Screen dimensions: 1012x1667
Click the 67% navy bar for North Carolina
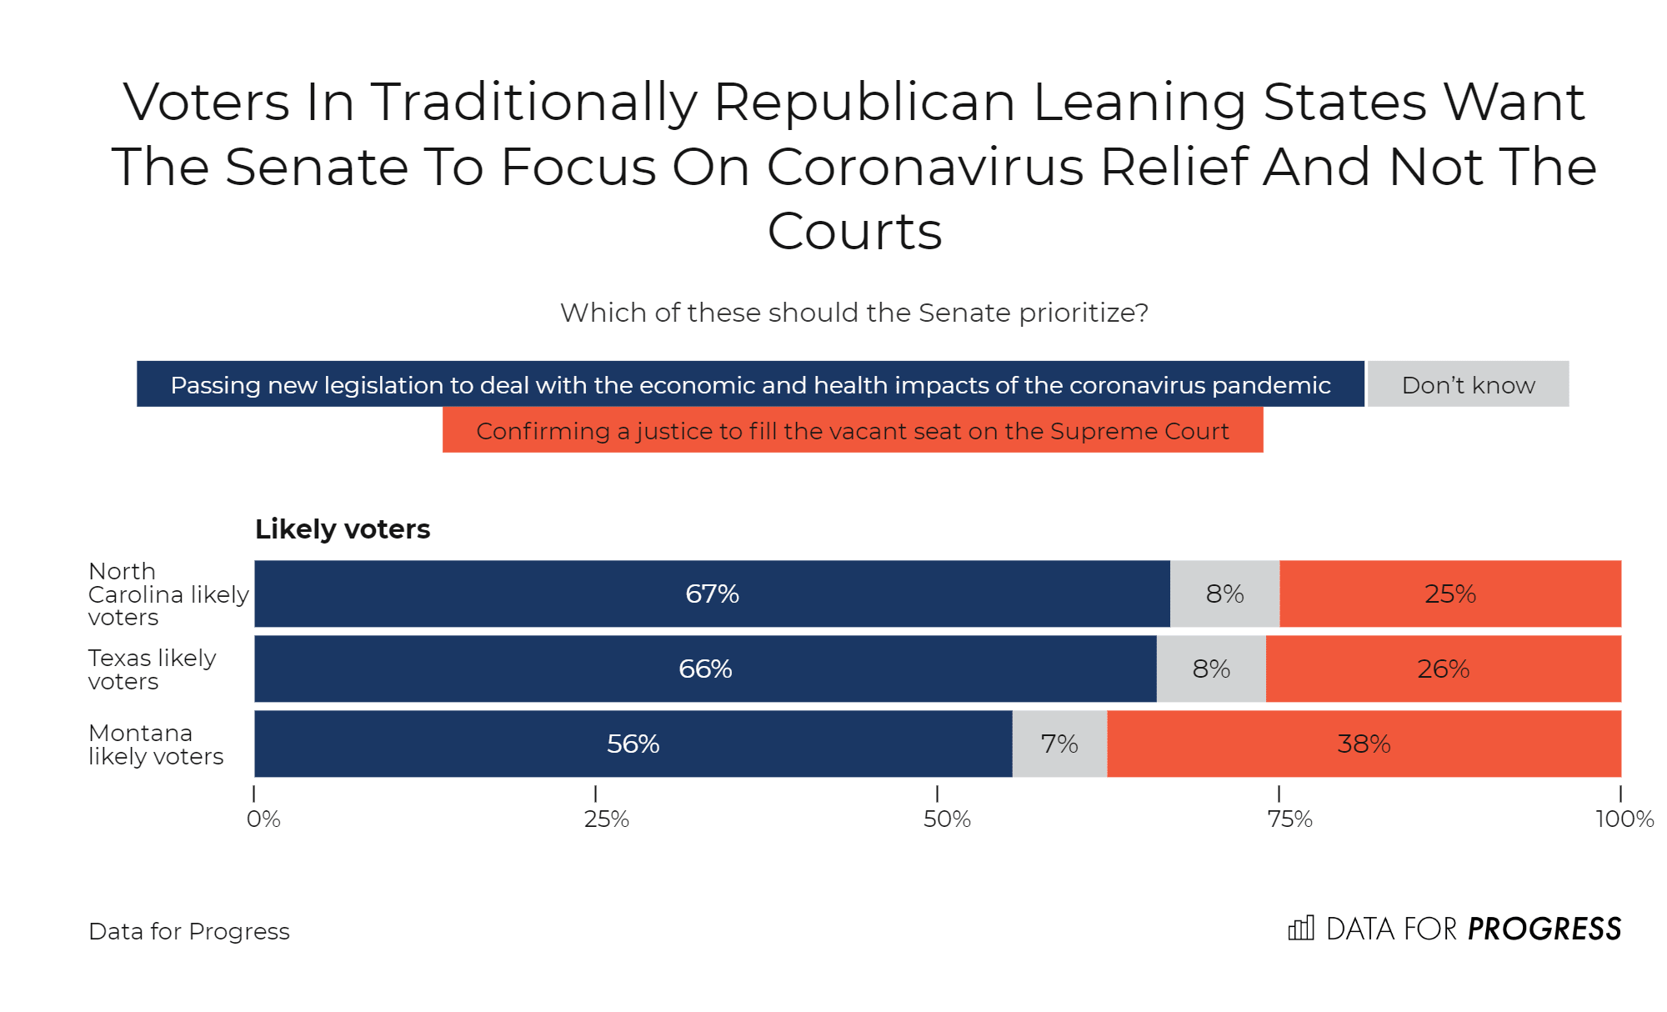coord(712,594)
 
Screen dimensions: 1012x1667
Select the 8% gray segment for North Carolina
coord(1224,594)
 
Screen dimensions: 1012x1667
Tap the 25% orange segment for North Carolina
coord(1450,594)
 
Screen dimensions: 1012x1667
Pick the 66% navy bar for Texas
coord(705,669)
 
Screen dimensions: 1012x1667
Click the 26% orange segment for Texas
coord(1444,669)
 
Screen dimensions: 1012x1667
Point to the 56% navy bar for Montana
coord(633,744)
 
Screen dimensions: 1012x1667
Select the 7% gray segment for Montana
coord(1059,744)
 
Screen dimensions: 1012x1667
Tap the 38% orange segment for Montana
coord(1364,744)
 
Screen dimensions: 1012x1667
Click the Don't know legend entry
coord(1468,384)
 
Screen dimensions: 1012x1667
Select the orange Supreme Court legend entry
coord(853,430)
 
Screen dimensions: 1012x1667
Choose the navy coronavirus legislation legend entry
coord(750,384)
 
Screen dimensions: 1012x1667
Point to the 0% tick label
coord(263,819)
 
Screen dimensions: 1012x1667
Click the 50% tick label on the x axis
coord(947,819)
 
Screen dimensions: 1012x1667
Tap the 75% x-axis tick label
coord(1289,819)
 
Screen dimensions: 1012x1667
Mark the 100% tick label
coord(1624,819)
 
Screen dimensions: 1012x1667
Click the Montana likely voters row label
coord(156,744)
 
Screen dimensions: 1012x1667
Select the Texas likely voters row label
coord(152,669)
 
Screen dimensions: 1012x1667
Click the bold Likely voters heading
coord(343,529)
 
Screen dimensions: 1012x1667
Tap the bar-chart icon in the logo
coord(1301,928)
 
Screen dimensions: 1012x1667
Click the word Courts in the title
coord(854,231)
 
